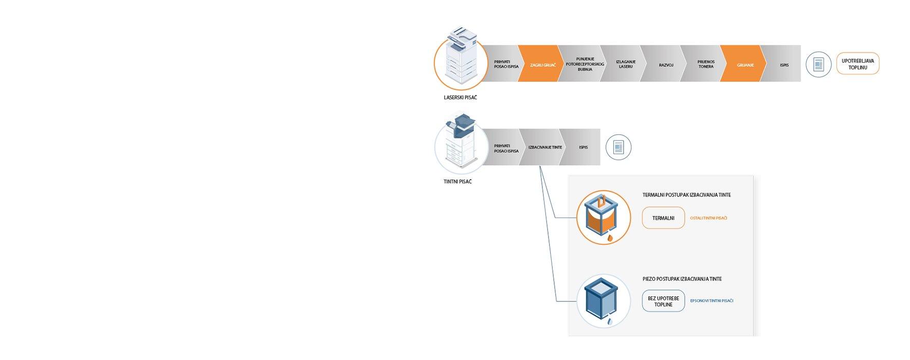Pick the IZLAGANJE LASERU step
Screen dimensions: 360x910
(625, 64)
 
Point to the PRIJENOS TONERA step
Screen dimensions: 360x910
(705, 64)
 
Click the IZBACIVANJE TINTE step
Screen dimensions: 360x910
(544, 148)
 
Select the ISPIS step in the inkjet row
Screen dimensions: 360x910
(583, 148)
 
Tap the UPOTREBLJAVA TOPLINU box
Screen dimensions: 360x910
(858, 64)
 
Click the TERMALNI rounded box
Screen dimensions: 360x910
(663, 218)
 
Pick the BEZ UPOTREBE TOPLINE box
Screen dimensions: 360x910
(663, 301)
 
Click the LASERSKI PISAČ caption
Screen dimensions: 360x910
(460, 98)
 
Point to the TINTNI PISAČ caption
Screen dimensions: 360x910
(457, 182)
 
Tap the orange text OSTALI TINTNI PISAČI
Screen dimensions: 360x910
(708, 218)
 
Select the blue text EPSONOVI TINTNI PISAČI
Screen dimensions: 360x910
(712, 301)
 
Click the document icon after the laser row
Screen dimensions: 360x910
(818, 65)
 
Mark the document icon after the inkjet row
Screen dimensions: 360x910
(618, 148)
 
